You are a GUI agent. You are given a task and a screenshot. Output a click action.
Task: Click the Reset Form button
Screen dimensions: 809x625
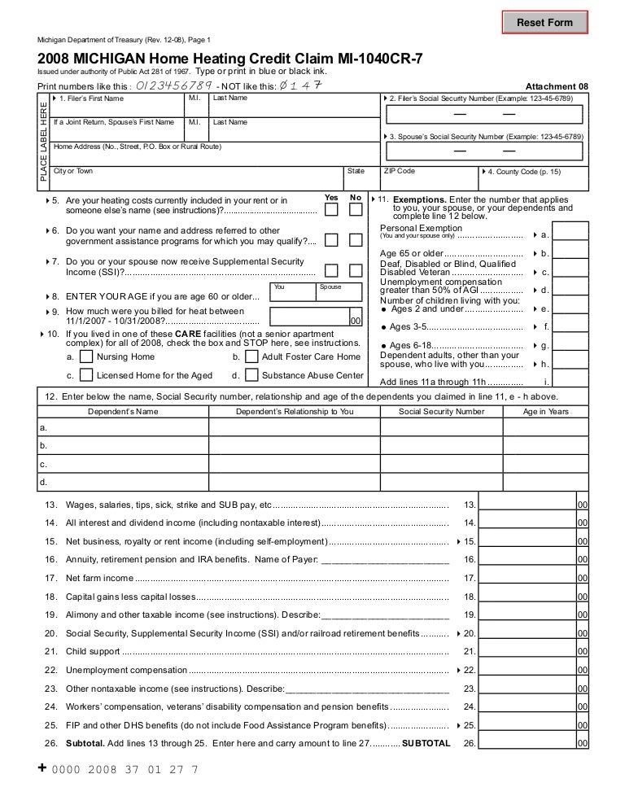(544, 23)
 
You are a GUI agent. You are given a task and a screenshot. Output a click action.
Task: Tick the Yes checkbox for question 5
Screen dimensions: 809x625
(331, 210)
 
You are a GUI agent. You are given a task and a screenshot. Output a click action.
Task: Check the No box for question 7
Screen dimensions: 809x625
(356, 270)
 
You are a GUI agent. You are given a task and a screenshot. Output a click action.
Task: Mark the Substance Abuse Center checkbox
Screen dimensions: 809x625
(251, 375)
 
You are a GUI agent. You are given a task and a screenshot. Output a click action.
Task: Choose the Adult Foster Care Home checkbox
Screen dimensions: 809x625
(251, 356)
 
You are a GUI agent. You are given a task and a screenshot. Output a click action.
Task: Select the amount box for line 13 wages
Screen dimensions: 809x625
(528, 504)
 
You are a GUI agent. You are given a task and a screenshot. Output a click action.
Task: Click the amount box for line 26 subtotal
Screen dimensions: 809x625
(528, 743)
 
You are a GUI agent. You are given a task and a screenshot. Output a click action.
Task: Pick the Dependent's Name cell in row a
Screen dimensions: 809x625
(123, 427)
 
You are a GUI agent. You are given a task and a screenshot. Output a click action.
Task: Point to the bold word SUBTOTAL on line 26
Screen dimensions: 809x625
(424, 743)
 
